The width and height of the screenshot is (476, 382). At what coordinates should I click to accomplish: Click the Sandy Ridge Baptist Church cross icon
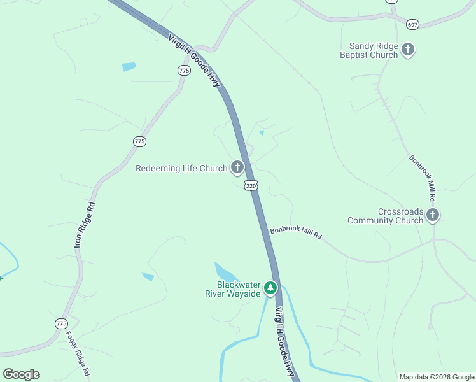pos(408,49)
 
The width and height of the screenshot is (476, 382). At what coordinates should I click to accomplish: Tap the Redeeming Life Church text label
pos(181,169)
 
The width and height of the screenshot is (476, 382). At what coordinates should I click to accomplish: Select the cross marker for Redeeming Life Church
pos(237,167)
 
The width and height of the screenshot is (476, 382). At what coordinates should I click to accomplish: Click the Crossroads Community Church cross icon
pos(433,215)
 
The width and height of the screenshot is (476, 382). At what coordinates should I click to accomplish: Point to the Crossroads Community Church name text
pos(385,216)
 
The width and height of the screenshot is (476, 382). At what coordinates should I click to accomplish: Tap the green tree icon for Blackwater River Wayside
pos(270,288)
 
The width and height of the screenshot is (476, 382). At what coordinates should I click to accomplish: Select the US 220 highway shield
pos(251,185)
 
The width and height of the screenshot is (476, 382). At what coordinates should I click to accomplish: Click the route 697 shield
pos(412,24)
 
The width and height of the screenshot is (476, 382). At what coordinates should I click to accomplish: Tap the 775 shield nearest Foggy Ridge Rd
pos(61,323)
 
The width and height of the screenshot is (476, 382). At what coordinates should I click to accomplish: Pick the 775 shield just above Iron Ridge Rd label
pos(140,141)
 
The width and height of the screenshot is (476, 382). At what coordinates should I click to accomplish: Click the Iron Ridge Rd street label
pos(84,225)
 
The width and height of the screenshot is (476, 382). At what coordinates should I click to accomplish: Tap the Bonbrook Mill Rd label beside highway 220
pos(295,233)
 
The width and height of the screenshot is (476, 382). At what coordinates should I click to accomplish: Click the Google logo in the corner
pos(22,374)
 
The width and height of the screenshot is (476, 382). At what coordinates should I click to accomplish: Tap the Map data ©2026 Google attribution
pos(437,377)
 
